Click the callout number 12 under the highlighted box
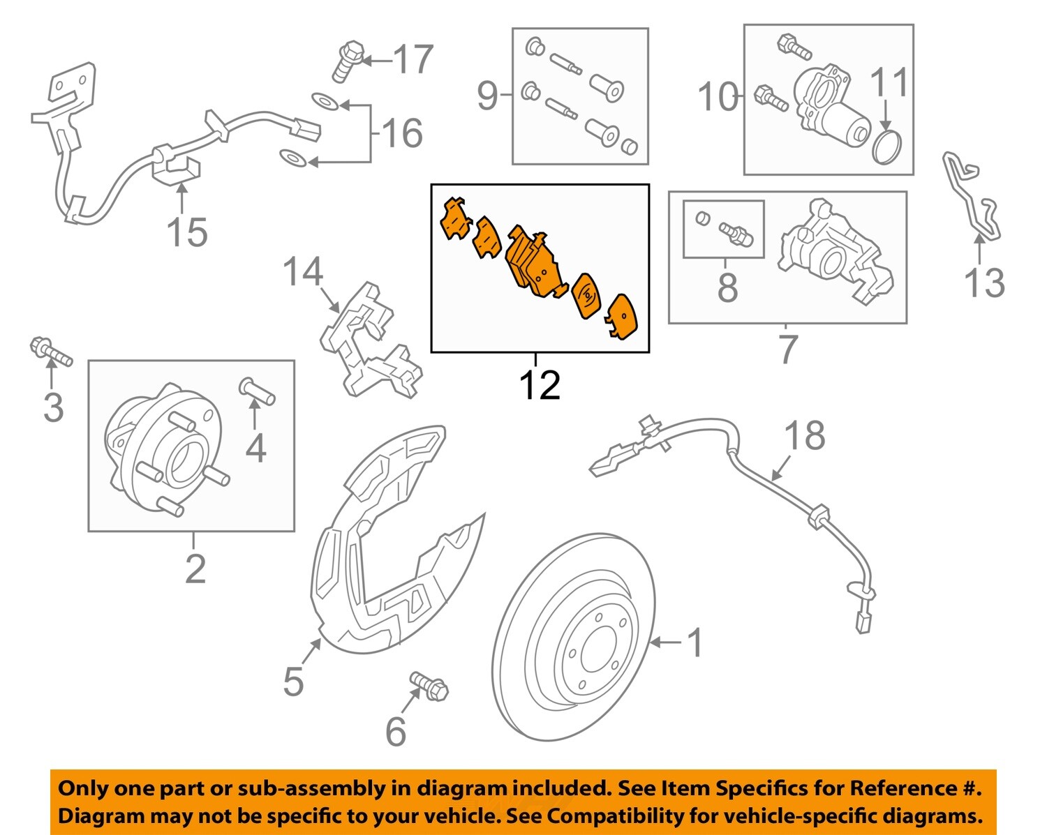click(x=540, y=385)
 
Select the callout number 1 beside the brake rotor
click(x=695, y=642)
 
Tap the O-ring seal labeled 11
click(x=887, y=147)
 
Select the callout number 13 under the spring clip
click(x=983, y=283)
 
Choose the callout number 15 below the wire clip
click(x=187, y=232)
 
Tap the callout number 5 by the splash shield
click(x=293, y=681)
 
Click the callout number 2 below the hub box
click(x=195, y=569)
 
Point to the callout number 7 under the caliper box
click(x=787, y=349)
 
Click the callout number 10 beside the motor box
click(x=718, y=96)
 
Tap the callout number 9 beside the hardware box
click(x=487, y=95)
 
